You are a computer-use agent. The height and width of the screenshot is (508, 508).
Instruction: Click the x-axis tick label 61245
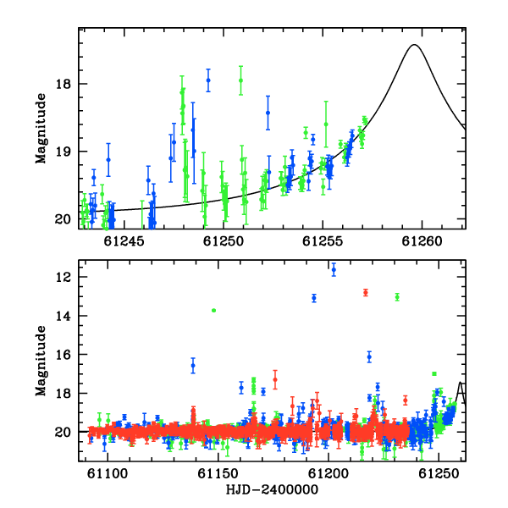pos(124,241)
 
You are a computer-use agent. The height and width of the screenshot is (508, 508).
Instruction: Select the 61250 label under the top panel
pos(224,241)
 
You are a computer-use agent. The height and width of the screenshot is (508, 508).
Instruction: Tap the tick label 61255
pos(323,241)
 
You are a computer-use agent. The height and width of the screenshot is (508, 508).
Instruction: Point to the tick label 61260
pos(422,241)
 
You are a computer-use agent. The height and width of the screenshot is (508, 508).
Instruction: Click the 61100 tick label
pos(108,473)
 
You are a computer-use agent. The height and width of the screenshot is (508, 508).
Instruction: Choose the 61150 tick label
pos(218,473)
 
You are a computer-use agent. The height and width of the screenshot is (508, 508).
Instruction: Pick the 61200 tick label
pos(329,473)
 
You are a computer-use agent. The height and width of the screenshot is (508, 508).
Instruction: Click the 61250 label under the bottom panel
pos(439,473)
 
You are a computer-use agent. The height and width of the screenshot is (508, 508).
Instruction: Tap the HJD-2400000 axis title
pos(272,489)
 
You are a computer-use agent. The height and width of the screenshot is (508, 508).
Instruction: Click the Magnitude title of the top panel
pos(41,129)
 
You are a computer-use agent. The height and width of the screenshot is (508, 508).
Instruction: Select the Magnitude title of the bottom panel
pos(41,361)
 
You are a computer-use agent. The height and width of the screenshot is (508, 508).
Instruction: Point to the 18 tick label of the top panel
pos(63,84)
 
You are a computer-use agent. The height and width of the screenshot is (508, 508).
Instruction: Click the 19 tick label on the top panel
pos(63,152)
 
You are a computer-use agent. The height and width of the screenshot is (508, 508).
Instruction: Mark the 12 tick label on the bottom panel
pos(63,277)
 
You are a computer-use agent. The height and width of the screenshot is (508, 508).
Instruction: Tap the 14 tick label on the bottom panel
pos(63,316)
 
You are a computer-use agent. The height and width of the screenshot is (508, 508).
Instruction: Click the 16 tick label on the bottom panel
pos(63,355)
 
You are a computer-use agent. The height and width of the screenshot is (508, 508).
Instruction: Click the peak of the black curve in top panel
pos(414,45)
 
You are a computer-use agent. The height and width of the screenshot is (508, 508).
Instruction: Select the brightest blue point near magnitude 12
pos(334,269)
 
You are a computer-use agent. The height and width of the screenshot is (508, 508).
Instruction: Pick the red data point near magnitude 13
pos(366,293)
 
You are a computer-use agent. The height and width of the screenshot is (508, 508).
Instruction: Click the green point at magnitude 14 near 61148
pos(213,311)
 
